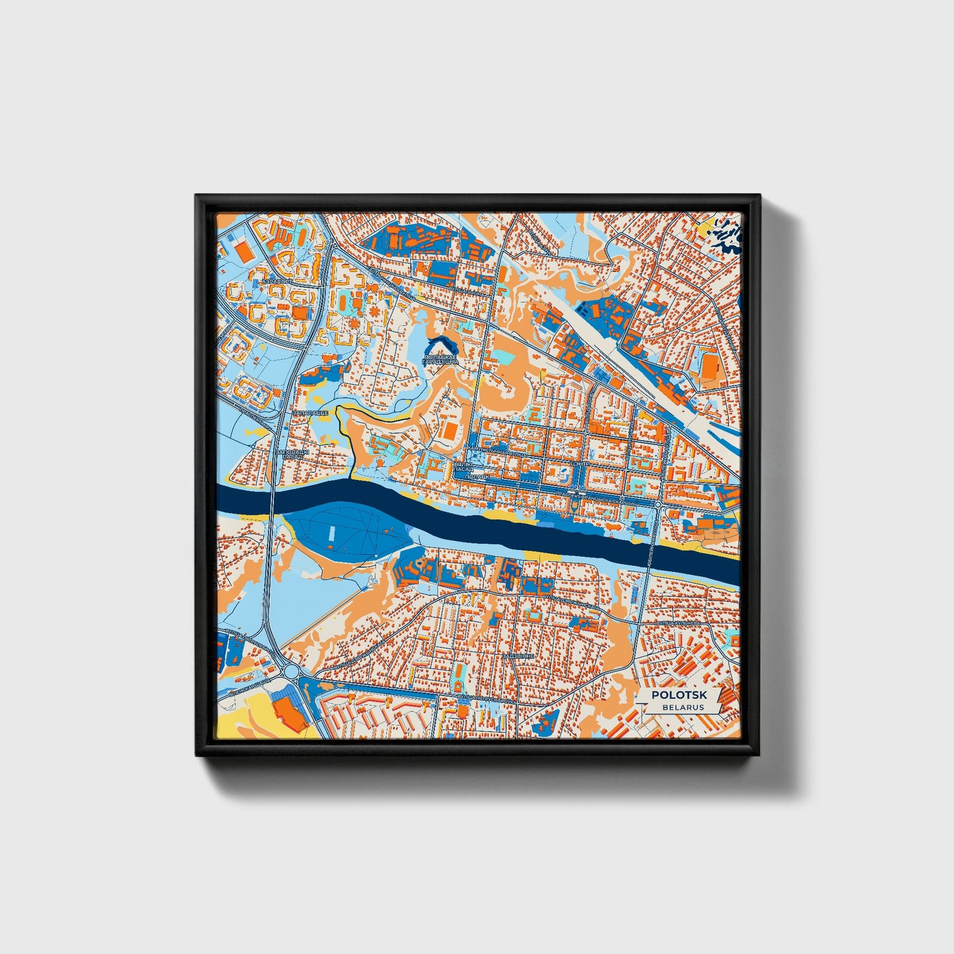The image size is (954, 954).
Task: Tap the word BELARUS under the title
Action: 683,707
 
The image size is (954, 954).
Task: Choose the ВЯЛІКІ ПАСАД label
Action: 464,467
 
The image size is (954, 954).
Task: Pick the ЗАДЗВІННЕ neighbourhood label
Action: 517,656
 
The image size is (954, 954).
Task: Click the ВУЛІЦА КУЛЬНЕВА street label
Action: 678,623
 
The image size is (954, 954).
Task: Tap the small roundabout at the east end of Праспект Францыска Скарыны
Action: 658,504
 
